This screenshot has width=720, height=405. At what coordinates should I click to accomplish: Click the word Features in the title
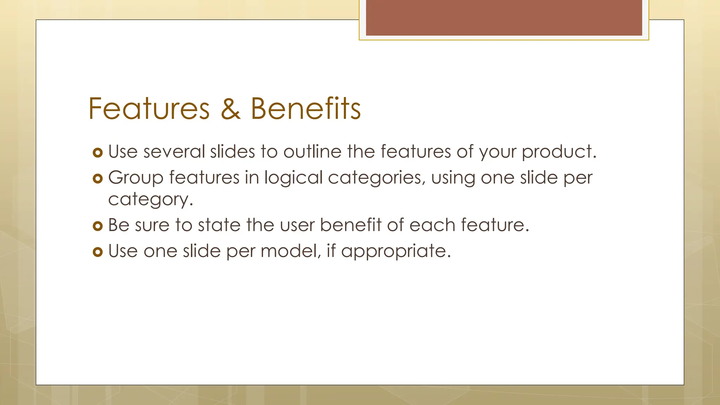click(149, 109)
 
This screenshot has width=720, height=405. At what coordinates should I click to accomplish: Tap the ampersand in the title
click(230, 109)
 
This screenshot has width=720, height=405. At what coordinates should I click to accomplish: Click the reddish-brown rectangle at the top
click(504, 18)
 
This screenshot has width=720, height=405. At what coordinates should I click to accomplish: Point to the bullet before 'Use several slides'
click(97, 153)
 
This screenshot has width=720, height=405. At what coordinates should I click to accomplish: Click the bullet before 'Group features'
click(97, 179)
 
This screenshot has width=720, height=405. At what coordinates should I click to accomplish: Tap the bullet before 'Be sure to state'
click(97, 226)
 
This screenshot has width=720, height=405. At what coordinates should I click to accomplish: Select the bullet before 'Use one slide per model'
click(97, 252)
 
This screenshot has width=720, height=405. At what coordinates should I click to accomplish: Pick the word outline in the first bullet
click(312, 152)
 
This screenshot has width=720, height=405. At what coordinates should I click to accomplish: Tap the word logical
click(293, 178)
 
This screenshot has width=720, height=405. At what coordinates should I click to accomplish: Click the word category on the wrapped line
click(150, 200)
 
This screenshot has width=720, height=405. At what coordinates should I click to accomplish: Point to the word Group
click(136, 178)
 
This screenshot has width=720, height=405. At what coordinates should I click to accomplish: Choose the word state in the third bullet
click(219, 225)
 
